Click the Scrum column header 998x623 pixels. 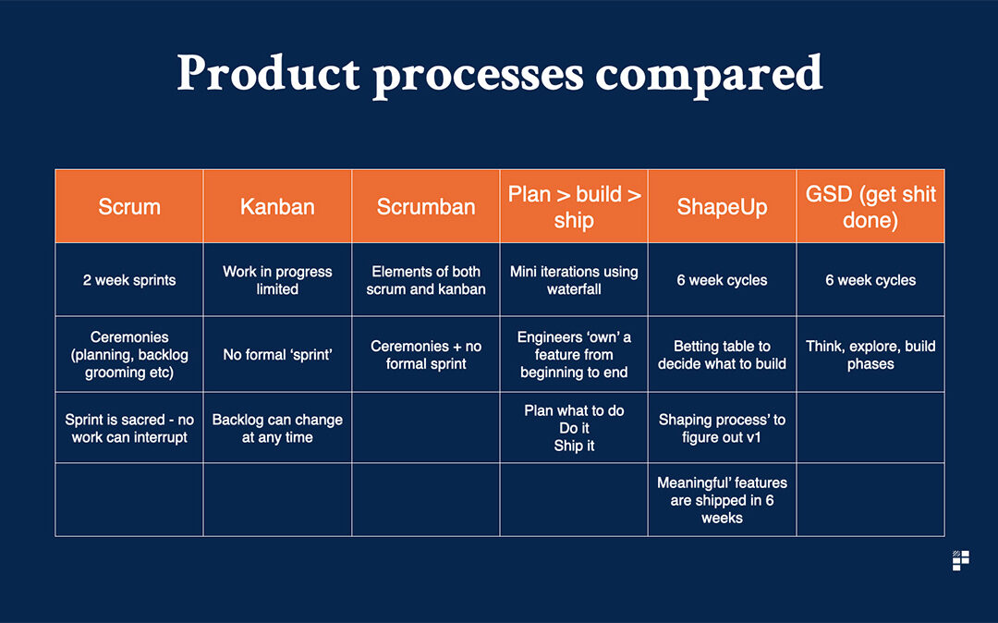tap(129, 206)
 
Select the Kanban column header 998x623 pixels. tap(277, 206)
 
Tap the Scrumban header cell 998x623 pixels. tap(426, 206)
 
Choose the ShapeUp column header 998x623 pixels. tap(722, 206)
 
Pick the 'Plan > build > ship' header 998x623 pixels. tap(574, 206)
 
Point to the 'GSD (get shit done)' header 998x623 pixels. tap(870, 206)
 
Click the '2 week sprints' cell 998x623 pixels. tap(129, 280)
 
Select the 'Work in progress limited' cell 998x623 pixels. tap(277, 280)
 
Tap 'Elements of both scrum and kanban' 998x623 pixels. tap(426, 280)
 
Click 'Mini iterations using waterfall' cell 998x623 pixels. tap(574, 280)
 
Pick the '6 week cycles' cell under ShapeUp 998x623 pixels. tap(722, 280)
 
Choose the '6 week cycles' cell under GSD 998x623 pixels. tap(870, 280)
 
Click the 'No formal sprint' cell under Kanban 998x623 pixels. tap(277, 354)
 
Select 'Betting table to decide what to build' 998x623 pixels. tap(722, 354)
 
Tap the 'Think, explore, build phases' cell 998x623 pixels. tap(870, 354)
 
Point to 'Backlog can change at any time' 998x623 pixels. tap(277, 428)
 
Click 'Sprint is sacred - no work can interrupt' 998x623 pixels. tap(129, 428)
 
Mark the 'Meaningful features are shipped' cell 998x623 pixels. tap(722, 500)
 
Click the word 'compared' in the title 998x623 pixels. tap(709, 75)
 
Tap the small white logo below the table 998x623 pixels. tap(960, 561)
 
